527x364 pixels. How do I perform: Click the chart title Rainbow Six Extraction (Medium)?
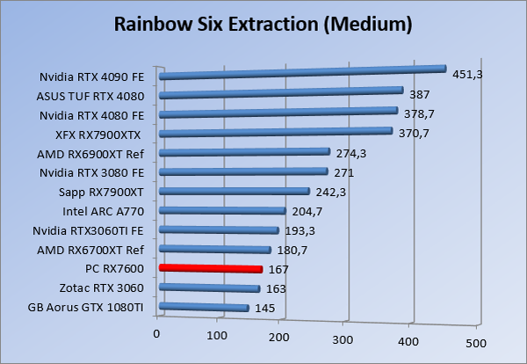click(263, 25)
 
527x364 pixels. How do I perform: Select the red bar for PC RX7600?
click(211, 268)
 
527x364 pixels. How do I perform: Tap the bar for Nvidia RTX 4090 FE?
click(303, 72)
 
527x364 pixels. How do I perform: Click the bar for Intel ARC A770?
click(223, 211)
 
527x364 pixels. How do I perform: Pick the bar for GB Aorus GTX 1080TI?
click(204, 307)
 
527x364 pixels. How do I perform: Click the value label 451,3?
click(469, 74)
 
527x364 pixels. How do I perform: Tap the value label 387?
click(421, 94)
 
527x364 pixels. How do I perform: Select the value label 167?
click(279, 269)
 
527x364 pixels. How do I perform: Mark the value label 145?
click(265, 308)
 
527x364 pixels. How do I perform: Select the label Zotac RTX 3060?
click(101, 288)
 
